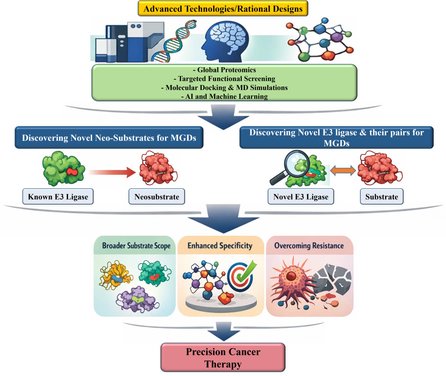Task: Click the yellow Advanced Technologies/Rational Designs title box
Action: pyautogui.click(x=223, y=9)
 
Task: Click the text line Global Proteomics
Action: pyautogui.click(x=224, y=70)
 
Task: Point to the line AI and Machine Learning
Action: pyautogui.click(x=224, y=96)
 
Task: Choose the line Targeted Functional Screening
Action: pyautogui.click(x=224, y=79)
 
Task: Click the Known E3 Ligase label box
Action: pyautogui.click(x=58, y=197)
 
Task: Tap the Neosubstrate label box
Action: pyautogui.click(x=157, y=197)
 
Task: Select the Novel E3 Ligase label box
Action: pyautogui.click(x=301, y=197)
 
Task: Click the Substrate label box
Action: pyautogui.click(x=382, y=197)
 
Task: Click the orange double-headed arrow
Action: pyautogui.click(x=343, y=170)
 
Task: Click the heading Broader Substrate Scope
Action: pyautogui.click(x=136, y=246)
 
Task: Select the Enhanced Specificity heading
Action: pyautogui.click(x=220, y=246)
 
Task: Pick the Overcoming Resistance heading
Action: pyautogui.click(x=309, y=246)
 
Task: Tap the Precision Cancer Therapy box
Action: pyautogui.click(x=223, y=358)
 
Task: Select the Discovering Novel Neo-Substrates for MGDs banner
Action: pyautogui.click(x=109, y=138)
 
